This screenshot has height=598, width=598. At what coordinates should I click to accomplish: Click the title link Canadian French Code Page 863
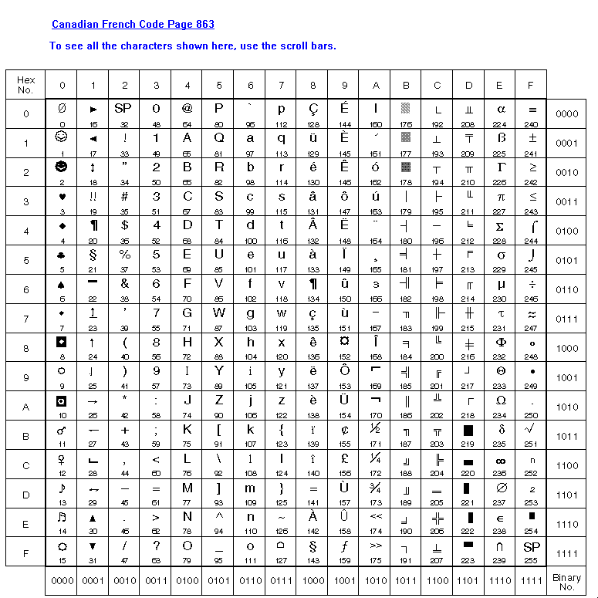(x=133, y=25)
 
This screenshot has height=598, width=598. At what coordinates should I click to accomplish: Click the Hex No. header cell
(x=25, y=85)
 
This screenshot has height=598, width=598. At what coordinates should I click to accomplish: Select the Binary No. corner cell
(x=566, y=581)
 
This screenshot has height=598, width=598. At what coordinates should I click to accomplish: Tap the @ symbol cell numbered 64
(x=187, y=113)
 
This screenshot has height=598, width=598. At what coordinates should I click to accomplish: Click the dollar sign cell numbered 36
(x=124, y=230)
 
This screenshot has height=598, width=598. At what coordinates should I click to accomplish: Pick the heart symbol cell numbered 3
(x=62, y=201)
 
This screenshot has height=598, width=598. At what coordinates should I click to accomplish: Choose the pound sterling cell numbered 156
(x=344, y=465)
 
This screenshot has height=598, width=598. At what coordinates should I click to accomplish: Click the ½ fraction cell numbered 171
(x=376, y=435)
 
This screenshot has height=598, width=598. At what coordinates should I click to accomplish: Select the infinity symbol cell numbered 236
(x=500, y=465)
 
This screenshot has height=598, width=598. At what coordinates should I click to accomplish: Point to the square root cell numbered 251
(x=532, y=435)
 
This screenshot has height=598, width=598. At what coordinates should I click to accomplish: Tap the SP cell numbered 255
(x=532, y=552)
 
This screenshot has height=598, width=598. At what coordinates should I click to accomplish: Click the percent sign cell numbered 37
(x=124, y=259)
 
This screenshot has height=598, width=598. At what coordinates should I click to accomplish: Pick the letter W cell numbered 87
(x=219, y=318)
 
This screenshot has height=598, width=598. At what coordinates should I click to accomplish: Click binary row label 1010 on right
(x=566, y=407)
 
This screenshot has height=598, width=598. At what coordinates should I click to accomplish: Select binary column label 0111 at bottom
(x=282, y=580)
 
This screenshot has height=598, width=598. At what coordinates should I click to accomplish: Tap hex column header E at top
(x=500, y=85)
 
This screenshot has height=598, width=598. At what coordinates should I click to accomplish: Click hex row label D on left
(x=25, y=495)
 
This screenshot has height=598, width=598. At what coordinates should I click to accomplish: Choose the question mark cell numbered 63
(x=156, y=552)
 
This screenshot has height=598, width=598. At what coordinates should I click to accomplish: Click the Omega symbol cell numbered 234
(x=500, y=406)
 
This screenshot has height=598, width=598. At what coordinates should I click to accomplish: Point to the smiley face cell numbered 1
(x=62, y=142)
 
